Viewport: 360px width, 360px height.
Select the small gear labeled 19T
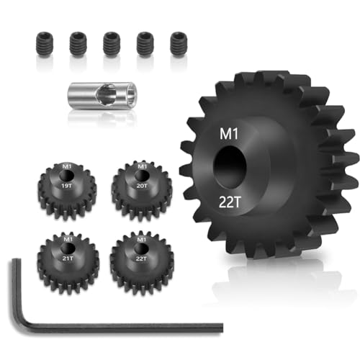point(68,188)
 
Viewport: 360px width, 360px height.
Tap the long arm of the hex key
point(130,328)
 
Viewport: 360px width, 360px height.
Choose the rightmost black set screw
point(177,44)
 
